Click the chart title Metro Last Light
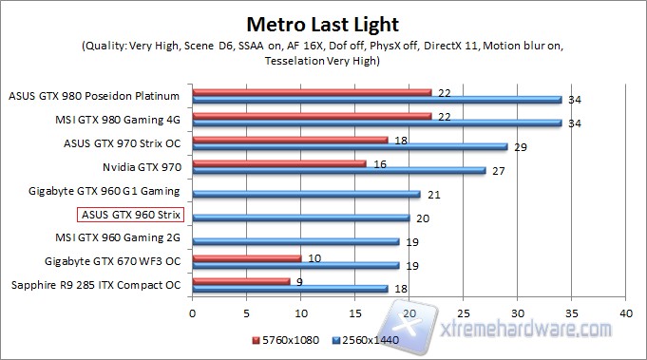click(x=323, y=23)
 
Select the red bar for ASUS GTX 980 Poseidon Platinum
click(x=312, y=91)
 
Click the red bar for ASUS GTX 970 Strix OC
click(x=290, y=140)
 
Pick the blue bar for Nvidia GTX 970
click(x=338, y=171)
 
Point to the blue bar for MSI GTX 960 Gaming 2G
click(x=295, y=241)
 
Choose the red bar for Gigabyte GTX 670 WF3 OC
click(x=247, y=258)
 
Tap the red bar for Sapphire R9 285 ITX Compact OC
click(x=241, y=281)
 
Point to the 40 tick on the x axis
click(x=625, y=311)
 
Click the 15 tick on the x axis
click(x=354, y=311)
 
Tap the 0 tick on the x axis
click(x=193, y=311)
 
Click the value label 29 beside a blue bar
click(x=520, y=146)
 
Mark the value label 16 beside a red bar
click(x=379, y=163)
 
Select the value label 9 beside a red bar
click(x=299, y=281)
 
